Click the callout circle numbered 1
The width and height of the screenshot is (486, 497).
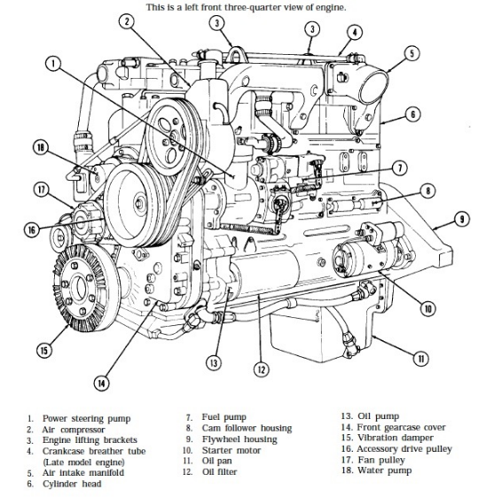[53, 64]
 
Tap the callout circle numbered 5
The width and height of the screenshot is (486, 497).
[412, 53]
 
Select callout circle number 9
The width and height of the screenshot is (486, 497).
[462, 220]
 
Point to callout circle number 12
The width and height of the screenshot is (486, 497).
[261, 369]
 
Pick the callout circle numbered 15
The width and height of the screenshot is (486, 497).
[44, 350]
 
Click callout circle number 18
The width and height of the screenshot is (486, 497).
[41, 147]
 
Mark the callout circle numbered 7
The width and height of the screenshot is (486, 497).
[400, 167]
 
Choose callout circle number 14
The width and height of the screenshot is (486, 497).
[101, 384]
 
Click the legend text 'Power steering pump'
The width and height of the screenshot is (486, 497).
[86, 419]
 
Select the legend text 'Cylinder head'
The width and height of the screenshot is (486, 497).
[72, 484]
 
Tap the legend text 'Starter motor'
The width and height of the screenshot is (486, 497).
[231, 450]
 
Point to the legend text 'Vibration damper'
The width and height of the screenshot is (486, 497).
[396, 438]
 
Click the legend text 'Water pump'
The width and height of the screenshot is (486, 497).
[385, 470]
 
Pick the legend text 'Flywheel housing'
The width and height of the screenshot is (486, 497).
[239, 439]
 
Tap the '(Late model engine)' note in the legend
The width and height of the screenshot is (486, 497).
[83, 462]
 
